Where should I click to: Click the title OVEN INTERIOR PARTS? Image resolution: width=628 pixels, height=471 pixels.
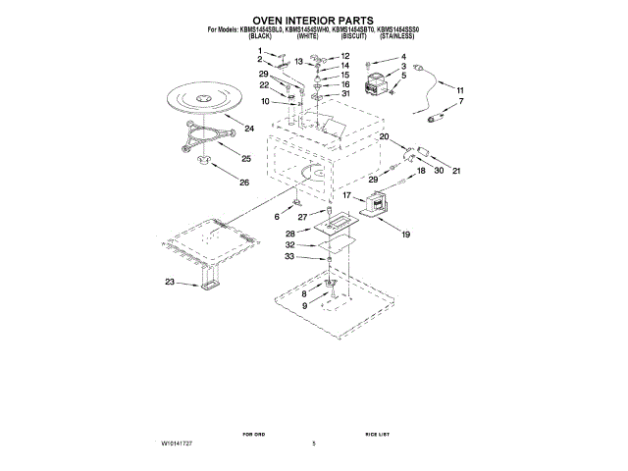coord(313,19)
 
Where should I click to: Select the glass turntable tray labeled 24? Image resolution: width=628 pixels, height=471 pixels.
coord(204,101)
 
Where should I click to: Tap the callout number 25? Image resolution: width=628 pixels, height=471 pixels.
coord(246,158)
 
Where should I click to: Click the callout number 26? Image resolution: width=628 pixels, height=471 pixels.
coord(244,183)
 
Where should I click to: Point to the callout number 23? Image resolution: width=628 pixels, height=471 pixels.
coord(170,283)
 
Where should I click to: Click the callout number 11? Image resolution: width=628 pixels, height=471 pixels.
coord(460,89)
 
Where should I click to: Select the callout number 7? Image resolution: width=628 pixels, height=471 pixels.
coord(461,102)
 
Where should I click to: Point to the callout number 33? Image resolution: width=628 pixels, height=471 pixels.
coord(288,257)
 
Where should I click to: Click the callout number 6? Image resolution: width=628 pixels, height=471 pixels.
coord(277,215)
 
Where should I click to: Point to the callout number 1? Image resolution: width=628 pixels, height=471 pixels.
coord(261,50)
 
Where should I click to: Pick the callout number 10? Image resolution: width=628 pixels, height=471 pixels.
coord(265,101)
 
